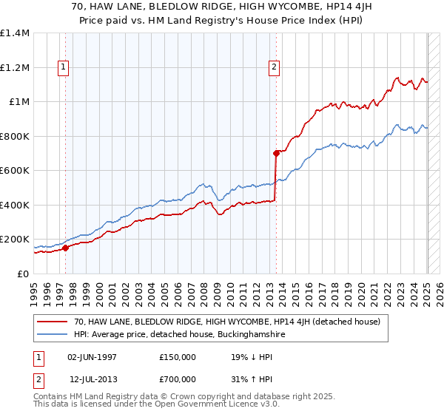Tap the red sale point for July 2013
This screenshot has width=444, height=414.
tap(276, 154)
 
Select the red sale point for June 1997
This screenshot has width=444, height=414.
tap(65, 248)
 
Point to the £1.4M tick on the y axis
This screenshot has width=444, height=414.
tap(15, 33)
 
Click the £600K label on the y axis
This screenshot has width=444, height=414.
tap(15, 171)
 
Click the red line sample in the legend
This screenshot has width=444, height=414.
tap(53, 322)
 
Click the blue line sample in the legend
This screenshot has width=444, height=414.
tap(53, 335)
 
